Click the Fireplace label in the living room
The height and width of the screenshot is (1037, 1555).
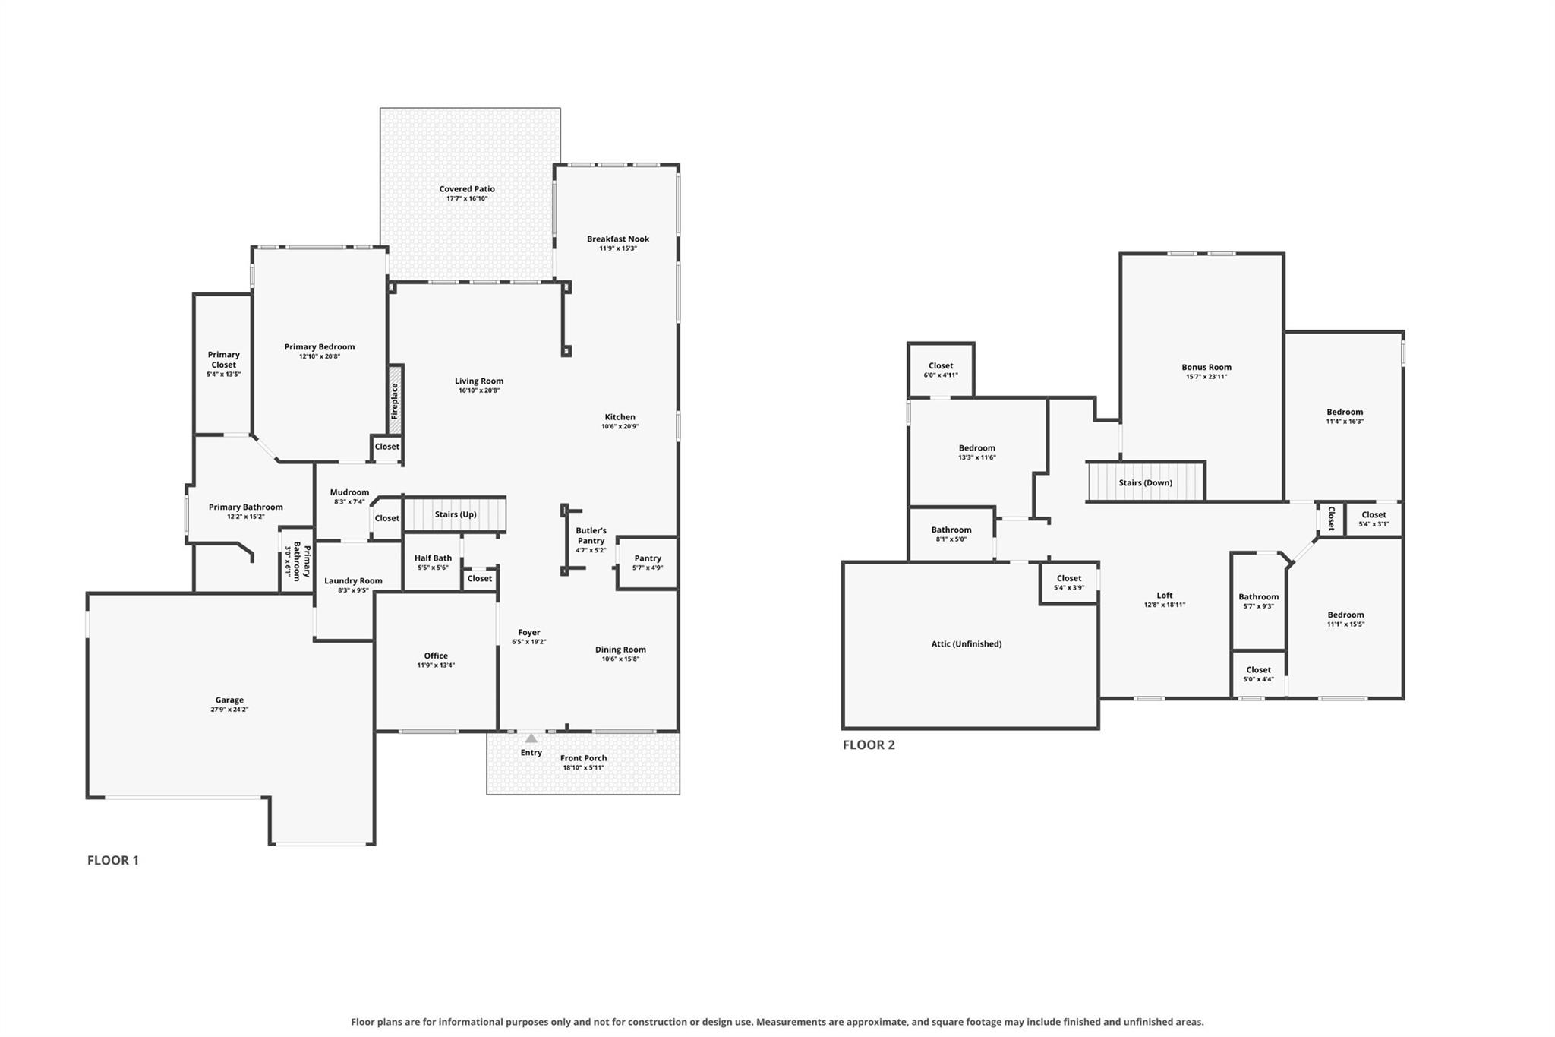click(395, 400)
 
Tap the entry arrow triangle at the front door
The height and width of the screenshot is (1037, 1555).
click(531, 738)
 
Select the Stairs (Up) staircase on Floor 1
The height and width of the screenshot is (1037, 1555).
click(454, 514)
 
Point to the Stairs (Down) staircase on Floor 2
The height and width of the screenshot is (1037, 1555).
click(1146, 482)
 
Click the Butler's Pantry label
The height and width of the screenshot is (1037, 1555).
click(591, 536)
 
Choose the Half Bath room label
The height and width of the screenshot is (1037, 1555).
click(433, 558)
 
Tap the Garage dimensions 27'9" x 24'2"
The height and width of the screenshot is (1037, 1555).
click(229, 710)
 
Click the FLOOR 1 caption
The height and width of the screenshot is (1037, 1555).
click(113, 860)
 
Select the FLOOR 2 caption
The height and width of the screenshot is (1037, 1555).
click(869, 745)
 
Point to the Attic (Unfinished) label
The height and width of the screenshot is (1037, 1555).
click(967, 644)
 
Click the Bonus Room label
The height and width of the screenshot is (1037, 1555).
click(1206, 367)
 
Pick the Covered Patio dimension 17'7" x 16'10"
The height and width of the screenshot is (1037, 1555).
click(467, 198)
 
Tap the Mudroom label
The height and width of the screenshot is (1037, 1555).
click(349, 492)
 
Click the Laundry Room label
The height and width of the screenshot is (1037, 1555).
click(353, 581)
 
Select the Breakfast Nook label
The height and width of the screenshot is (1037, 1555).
click(618, 239)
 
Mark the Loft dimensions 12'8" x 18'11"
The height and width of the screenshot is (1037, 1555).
click(1165, 605)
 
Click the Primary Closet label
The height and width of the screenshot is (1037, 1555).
click(224, 359)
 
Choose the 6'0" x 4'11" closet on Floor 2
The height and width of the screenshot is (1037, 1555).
click(941, 370)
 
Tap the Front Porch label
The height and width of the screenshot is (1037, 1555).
click(583, 758)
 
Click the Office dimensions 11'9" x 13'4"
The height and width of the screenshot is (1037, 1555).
click(436, 666)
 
